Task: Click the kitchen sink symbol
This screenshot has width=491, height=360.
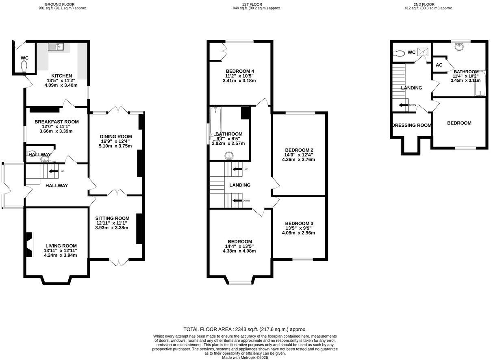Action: click(55, 47)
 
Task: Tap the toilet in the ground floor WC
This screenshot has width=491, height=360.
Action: click(24, 66)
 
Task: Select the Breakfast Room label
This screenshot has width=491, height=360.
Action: click(56, 122)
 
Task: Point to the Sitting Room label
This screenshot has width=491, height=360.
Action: click(113, 218)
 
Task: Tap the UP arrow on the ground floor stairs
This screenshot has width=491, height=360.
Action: click(53, 171)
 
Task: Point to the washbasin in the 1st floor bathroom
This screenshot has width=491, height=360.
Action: click(230, 154)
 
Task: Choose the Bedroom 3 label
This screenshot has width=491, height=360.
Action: click(299, 223)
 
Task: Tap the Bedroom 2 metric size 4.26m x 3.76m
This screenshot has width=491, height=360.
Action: click(298, 160)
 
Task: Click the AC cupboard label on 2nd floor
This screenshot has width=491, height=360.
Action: click(439, 65)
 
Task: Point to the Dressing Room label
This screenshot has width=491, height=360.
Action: click(411, 125)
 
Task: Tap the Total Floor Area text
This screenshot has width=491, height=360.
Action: click(245, 330)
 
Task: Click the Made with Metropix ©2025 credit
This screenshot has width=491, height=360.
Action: click(245, 358)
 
